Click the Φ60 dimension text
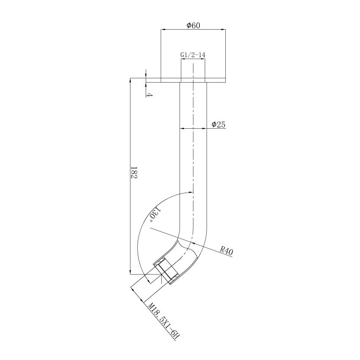point(193,25)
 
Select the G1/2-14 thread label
point(193,55)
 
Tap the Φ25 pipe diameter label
point(219,125)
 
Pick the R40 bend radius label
point(227,251)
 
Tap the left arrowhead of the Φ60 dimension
point(163,30)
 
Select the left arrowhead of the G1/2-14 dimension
point(183,59)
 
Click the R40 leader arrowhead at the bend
point(191,244)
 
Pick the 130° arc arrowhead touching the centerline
point(190,193)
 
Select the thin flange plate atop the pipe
point(193,80)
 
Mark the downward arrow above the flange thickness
point(146,75)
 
